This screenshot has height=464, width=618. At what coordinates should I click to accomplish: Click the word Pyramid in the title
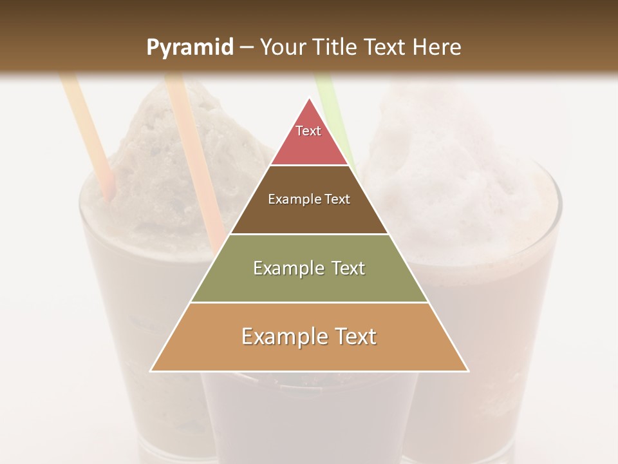(190, 48)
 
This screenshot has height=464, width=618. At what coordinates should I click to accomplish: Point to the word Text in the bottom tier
(355, 336)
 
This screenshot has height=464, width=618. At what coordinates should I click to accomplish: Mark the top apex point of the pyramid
(310, 99)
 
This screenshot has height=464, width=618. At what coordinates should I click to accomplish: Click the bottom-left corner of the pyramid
(151, 371)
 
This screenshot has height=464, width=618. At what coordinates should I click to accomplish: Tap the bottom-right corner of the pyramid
(467, 371)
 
